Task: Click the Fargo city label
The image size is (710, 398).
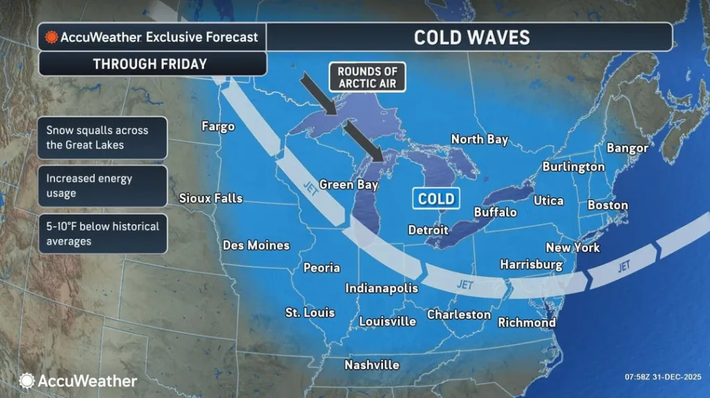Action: click(x=218, y=126)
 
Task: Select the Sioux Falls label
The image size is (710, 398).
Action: click(x=211, y=198)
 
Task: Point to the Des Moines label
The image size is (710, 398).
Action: click(x=256, y=245)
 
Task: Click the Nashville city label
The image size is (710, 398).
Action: click(x=372, y=364)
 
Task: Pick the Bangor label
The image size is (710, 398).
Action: click(x=627, y=147)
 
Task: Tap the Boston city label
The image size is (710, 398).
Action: click(x=607, y=205)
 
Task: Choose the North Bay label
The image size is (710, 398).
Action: click(x=480, y=139)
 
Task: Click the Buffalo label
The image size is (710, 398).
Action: click(x=495, y=212)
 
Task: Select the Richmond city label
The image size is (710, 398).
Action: click(x=527, y=323)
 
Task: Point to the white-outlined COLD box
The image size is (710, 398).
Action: click(x=436, y=199)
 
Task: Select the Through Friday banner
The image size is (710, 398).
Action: click(x=150, y=64)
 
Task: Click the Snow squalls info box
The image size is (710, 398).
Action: click(x=102, y=137)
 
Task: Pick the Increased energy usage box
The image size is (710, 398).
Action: click(x=102, y=186)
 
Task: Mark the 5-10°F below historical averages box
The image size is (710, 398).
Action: click(x=102, y=234)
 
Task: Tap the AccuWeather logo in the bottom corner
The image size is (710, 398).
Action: click(x=78, y=381)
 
